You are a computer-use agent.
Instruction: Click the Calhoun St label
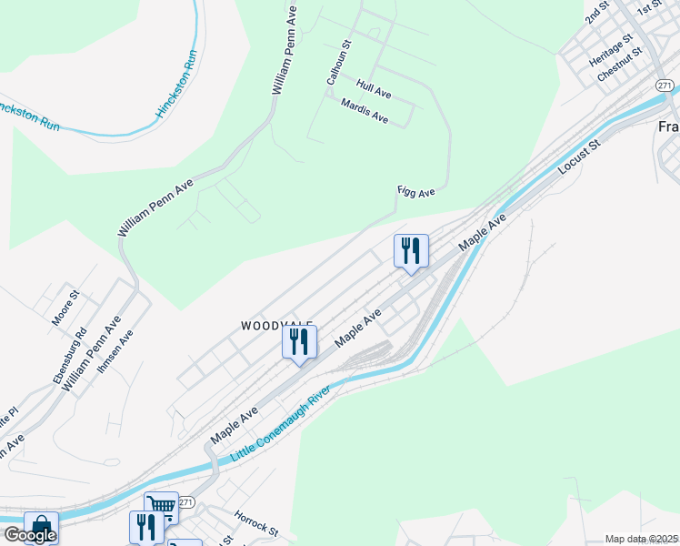coord(338,63)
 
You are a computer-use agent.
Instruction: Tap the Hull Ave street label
coord(374,88)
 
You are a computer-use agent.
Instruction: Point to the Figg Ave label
coord(416,191)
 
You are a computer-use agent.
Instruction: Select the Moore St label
coord(66,308)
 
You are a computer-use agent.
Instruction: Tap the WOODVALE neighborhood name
coord(277,325)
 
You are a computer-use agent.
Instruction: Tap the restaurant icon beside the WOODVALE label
coord(298,342)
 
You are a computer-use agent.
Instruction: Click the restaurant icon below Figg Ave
coord(411,250)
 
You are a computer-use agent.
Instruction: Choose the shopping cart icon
coord(161,506)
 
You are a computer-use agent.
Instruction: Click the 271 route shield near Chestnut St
coord(664,85)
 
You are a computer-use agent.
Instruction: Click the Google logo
coord(29,535)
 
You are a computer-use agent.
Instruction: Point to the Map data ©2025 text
coord(641,539)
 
